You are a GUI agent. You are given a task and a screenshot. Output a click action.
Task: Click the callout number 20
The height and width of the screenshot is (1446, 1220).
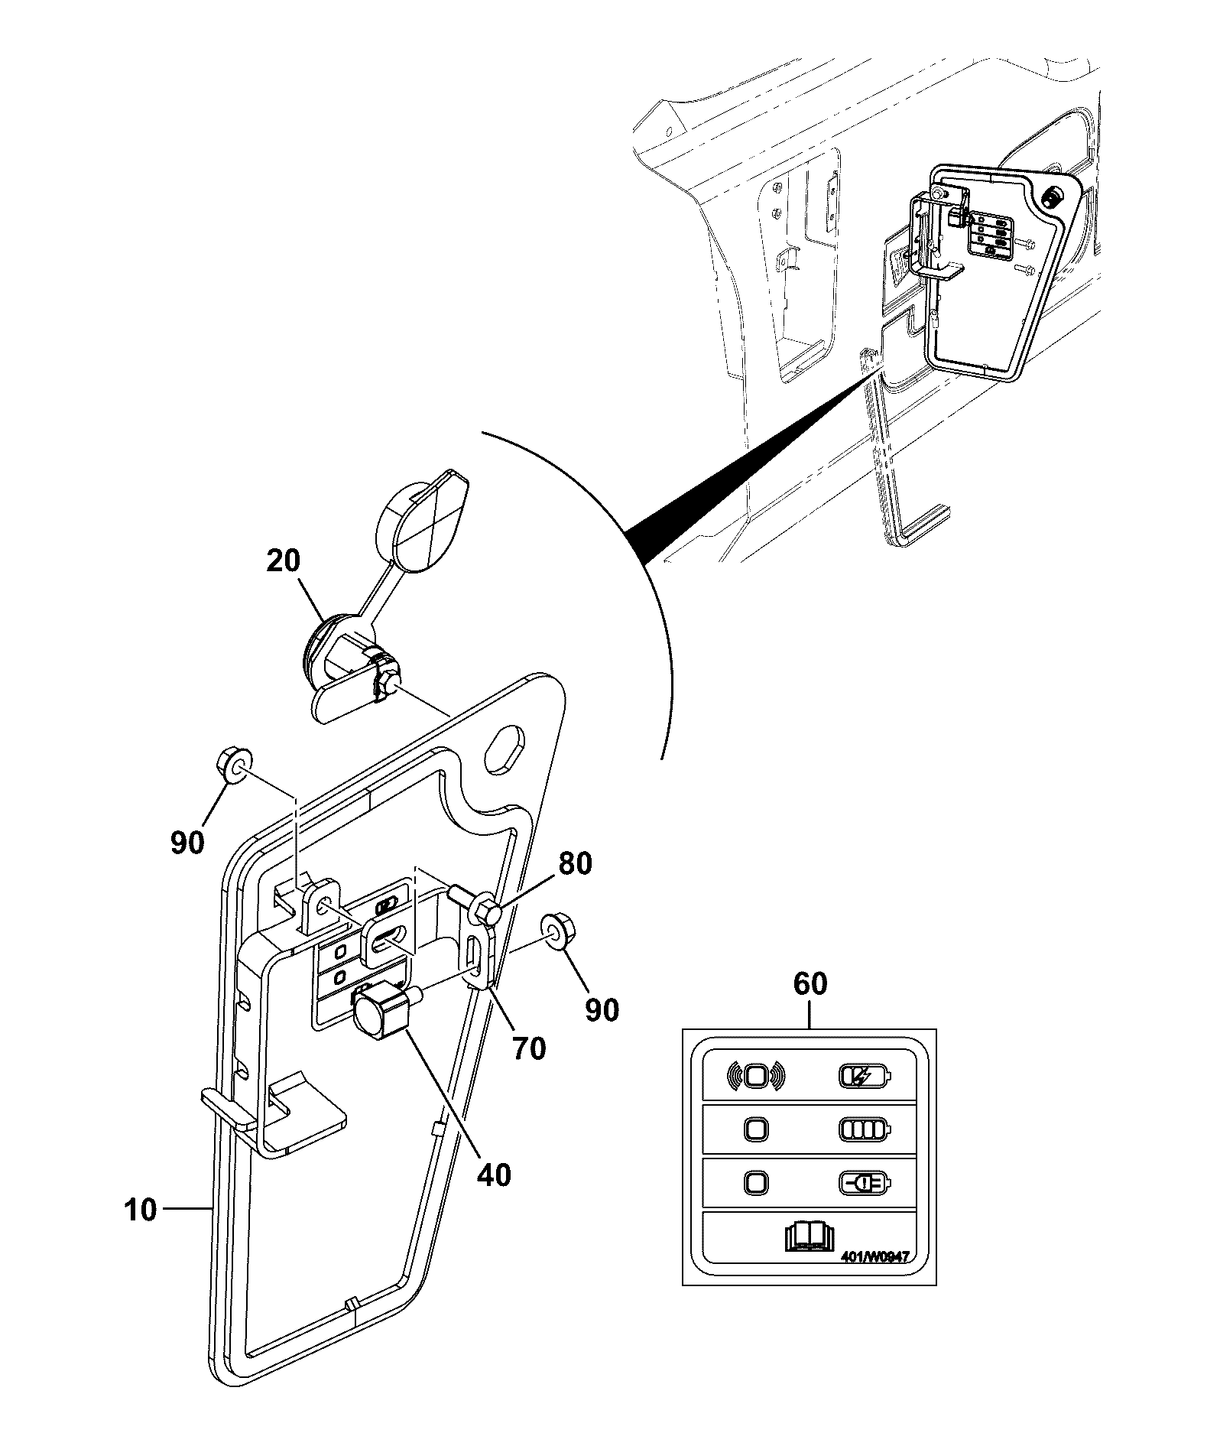point(284,562)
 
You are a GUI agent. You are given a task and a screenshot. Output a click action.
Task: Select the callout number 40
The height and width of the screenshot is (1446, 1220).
point(494,1175)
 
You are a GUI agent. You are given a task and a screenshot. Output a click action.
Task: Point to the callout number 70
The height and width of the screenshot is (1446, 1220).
point(529,1048)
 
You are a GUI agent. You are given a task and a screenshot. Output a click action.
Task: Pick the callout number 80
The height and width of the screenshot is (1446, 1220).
point(575,864)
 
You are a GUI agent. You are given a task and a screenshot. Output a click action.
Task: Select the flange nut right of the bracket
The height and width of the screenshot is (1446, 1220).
point(555,930)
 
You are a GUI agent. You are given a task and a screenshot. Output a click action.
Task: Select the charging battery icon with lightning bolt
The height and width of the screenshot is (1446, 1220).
point(865,1076)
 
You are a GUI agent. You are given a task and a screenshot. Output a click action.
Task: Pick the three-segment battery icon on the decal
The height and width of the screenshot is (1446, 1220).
point(865,1129)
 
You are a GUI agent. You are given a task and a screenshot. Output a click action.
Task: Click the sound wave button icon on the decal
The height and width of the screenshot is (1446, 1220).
point(755,1076)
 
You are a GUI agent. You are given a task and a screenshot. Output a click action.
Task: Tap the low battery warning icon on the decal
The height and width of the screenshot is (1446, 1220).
point(865,1183)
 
